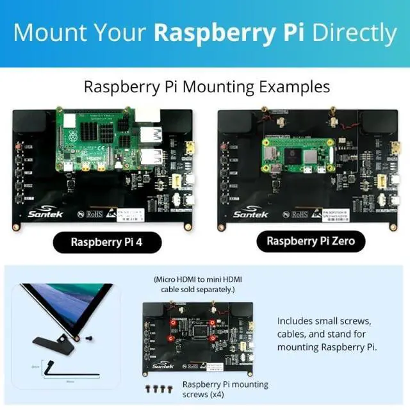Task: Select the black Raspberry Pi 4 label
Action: [x=107, y=243]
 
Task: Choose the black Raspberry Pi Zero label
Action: [x=306, y=242]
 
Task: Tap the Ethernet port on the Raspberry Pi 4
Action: [x=149, y=115]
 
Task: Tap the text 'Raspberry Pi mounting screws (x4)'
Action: [x=225, y=389]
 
